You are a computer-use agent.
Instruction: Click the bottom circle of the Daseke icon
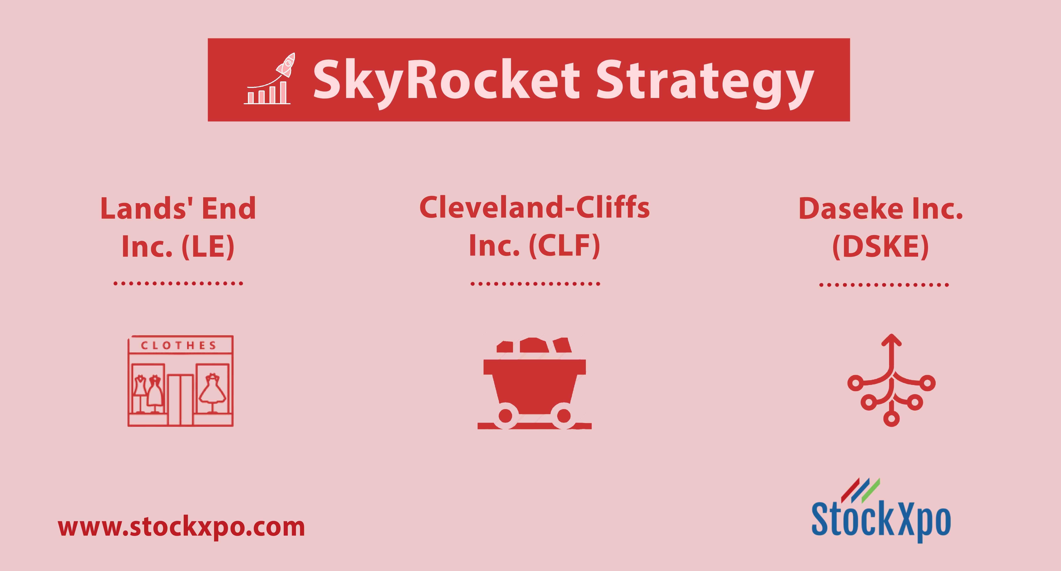pyautogui.click(x=891, y=419)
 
